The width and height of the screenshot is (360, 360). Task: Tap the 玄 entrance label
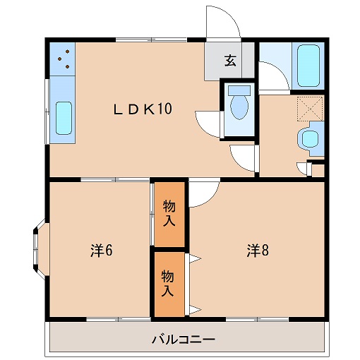pos(229,61)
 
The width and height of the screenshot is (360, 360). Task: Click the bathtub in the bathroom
pos(308,65)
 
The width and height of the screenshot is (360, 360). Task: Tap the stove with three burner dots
pos(62,59)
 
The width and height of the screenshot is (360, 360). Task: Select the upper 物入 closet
pos(169,213)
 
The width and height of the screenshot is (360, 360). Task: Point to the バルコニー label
pos(183,340)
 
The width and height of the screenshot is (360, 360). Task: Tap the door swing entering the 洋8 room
pos(203,193)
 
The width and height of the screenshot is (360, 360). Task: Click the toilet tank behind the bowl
pos(240,91)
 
